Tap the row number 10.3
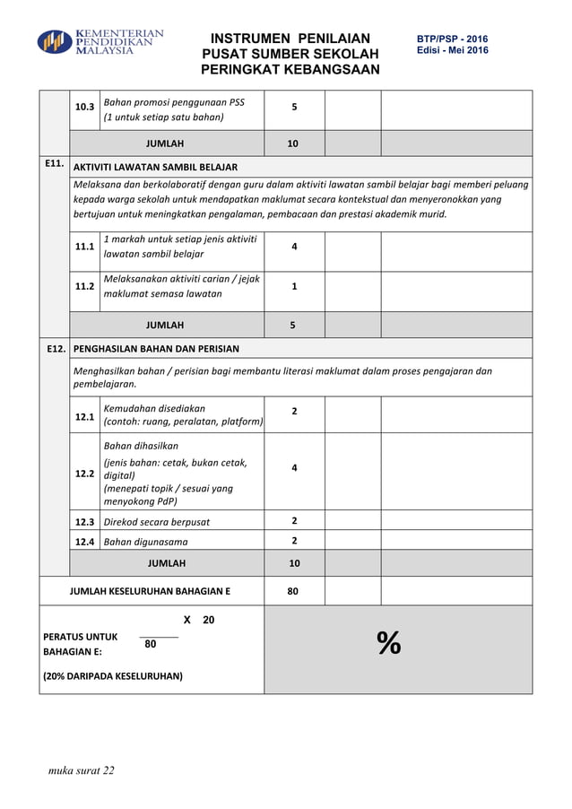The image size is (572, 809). pyautogui.click(x=85, y=108)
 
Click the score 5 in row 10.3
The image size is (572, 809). pyautogui.click(x=294, y=108)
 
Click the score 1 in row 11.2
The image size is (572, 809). pyautogui.click(x=294, y=286)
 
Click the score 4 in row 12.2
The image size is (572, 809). pyautogui.click(x=294, y=467)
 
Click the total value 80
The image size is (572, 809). pyautogui.click(x=293, y=591)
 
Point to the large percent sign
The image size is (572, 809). pyautogui.click(x=388, y=643)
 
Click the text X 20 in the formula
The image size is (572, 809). pyautogui.click(x=198, y=620)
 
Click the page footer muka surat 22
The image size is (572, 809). pyautogui.click(x=82, y=770)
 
